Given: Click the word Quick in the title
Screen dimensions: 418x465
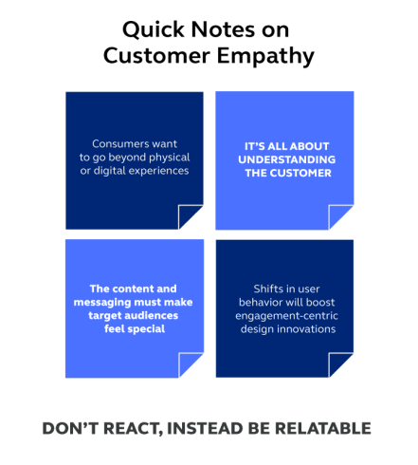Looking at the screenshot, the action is point(154,30).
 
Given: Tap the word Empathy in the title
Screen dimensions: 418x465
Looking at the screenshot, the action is point(265,57).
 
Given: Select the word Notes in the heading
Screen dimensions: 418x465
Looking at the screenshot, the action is point(223,29).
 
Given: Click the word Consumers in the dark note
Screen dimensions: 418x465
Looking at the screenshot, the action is point(116,144).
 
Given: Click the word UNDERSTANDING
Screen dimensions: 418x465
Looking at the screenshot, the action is point(287,159).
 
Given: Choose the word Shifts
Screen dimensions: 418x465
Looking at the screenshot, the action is point(268,288).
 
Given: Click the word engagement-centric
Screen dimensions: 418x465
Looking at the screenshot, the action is point(286,316).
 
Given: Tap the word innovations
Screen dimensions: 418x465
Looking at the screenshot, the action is point(306,329).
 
